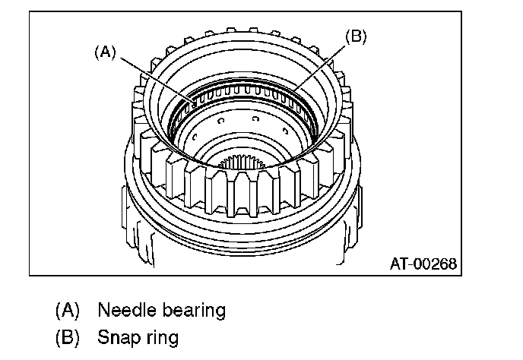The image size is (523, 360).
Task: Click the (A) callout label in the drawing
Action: point(105,52)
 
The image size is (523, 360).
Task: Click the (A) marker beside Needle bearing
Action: point(68,310)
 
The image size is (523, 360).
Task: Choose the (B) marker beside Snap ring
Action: point(68,336)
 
